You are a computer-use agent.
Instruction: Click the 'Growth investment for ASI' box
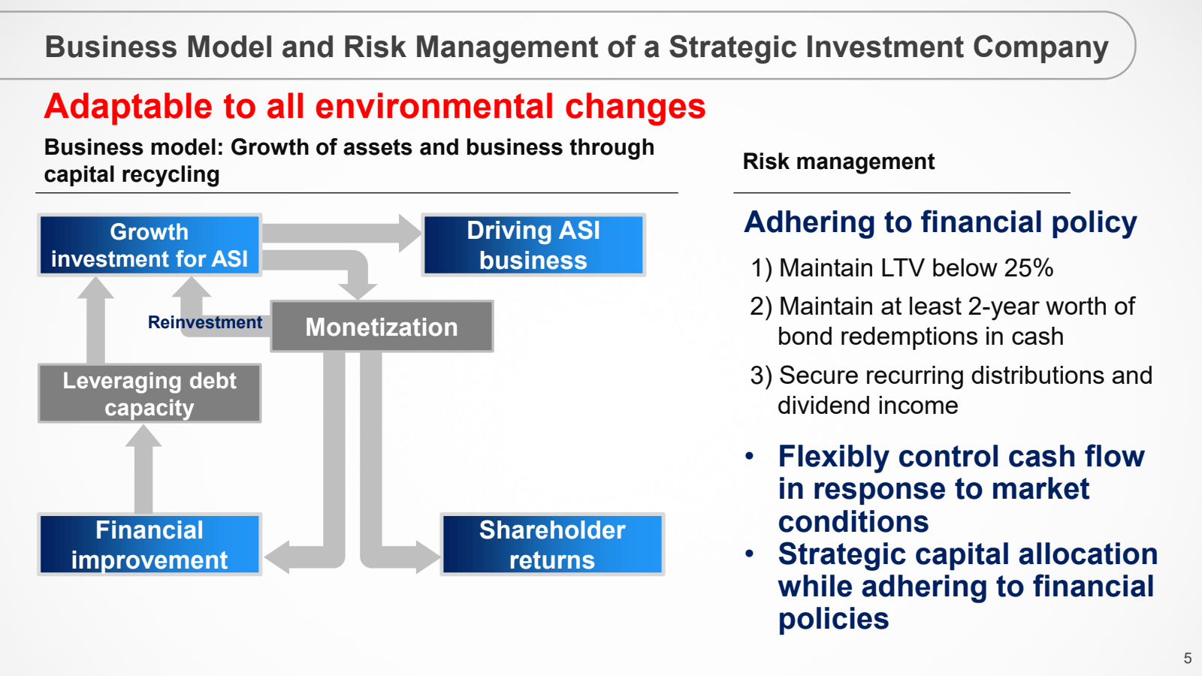[x=149, y=245]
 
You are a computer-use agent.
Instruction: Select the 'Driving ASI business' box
[x=533, y=245]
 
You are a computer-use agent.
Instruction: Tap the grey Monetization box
[x=382, y=326]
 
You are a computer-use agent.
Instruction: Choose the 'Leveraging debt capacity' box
[x=149, y=394]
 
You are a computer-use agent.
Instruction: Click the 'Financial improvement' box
[x=149, y=545]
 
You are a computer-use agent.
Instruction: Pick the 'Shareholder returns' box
[x=552, y=545]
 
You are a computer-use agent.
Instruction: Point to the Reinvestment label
[x=205, y=322]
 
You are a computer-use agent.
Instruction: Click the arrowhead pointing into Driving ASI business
[x=410, y=233]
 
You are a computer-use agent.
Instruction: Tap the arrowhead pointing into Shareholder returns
[x=427, y=557]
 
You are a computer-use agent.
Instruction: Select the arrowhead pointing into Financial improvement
[x=277, y=557]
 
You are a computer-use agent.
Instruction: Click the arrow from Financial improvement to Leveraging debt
[x=143, y=469]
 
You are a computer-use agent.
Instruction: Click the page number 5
[x=1188, y=658]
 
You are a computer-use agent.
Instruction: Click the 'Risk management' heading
[x=838, y=161]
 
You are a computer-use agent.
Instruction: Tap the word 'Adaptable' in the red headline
[x=128, y=107]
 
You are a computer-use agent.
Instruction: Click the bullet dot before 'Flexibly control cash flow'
[x=750, y=457]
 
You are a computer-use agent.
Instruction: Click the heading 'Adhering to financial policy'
[x=940, y=222]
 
